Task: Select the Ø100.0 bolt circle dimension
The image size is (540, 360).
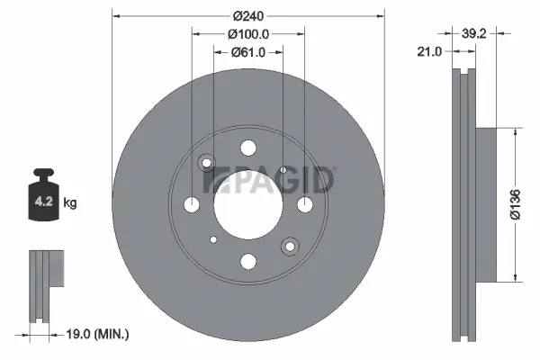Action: coord(247,33)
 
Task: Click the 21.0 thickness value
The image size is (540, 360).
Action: coord(430,52)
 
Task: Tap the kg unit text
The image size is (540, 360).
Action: coord(70,203)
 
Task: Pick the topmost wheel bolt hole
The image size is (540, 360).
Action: coord(247,148)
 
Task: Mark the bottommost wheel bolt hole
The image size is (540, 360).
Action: coord(247,261)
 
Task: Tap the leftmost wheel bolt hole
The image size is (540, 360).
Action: coord(192,205)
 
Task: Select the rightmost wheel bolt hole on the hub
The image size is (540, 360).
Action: coord(304,205)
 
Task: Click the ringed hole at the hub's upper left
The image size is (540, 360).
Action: coord(207,163)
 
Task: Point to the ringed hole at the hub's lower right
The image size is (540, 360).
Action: coord(289,245)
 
